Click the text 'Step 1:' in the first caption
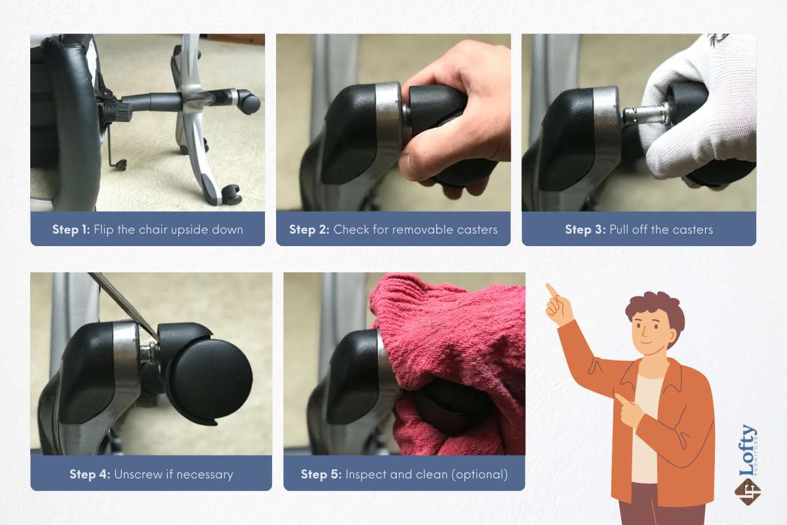[x=71, y=230]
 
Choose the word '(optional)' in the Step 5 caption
[x=479, y=474]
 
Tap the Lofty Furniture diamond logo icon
[x=748, y=492]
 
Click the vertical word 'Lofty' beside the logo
[x=747, y=450]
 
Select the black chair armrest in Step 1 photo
[x=70, y=123]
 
